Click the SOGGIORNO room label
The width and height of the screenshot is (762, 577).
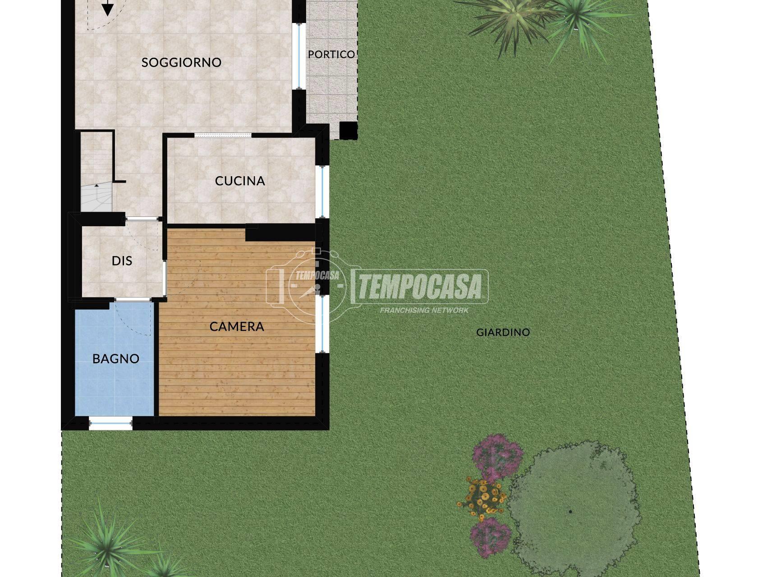pos(181,62)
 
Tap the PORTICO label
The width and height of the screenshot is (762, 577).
pos(331,55)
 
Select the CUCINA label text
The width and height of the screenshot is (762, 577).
pos(240,181)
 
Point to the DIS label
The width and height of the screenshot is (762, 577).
pos(122,261)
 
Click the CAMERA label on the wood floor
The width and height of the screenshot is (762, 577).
pos(237,326)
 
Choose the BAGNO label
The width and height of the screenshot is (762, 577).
pos(116,359)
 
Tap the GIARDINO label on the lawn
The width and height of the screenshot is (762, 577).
pos(503,333)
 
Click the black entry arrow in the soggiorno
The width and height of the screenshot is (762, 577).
pos(107,8)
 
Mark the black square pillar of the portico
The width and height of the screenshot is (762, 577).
pos(348,131)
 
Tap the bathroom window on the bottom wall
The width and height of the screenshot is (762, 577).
pos(110,423)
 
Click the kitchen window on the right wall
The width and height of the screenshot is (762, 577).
pos(322,192)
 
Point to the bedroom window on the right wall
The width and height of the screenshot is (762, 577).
pos(322,324)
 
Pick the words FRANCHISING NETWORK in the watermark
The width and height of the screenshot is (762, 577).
pos(424,310)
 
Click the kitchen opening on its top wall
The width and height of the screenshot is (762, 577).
pos(223,135)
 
